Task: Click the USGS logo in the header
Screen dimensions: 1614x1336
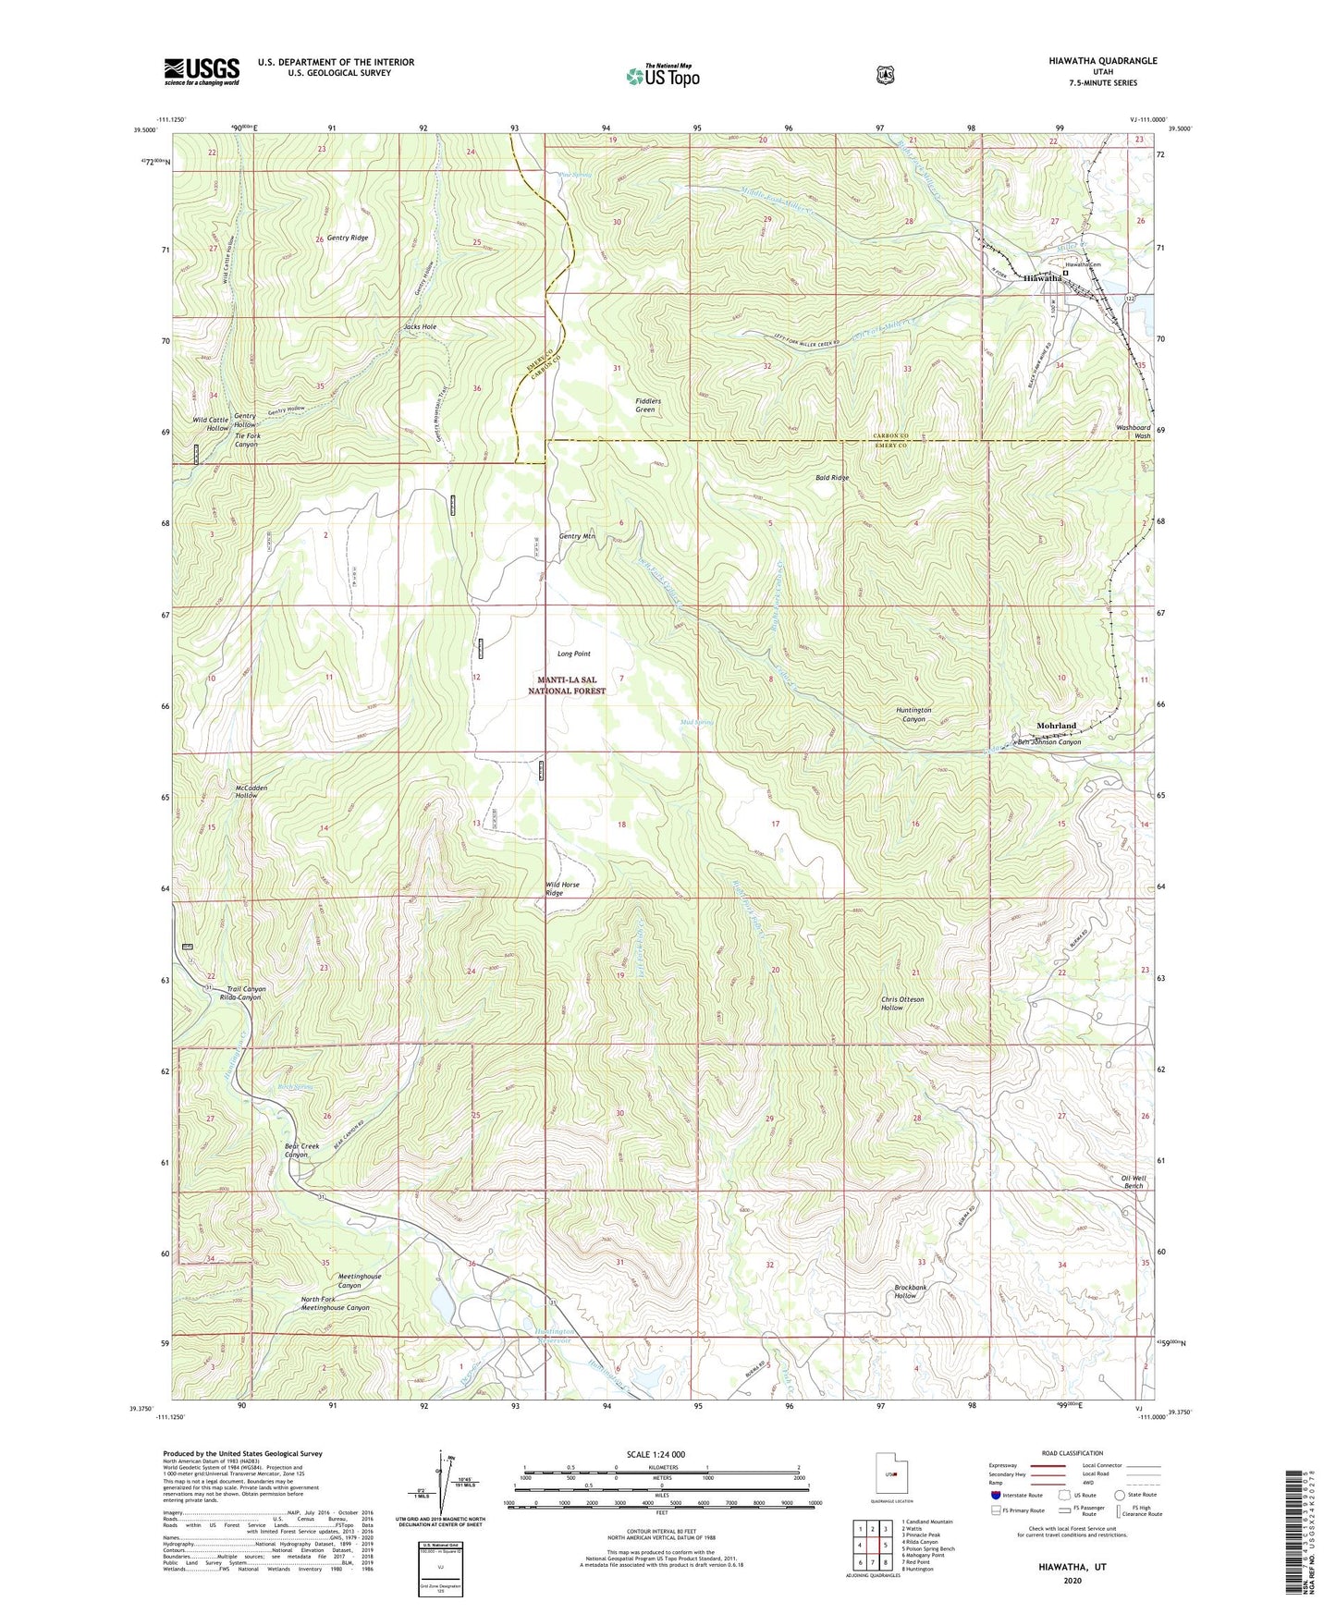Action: point(202,71)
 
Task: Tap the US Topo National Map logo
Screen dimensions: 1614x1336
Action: point(662,76)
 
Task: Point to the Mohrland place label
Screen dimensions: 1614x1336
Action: point(1056,726)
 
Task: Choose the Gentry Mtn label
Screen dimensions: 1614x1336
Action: point(576,536)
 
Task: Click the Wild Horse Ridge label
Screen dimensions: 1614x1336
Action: point(562,888)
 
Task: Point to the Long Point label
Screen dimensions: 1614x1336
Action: point(573,654)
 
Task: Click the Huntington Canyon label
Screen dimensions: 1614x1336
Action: point(913,715)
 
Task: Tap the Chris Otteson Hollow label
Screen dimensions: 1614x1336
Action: point(902,1003)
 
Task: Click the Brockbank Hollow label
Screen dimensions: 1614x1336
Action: point(910,1291)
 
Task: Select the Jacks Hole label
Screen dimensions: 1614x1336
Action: point(420,326)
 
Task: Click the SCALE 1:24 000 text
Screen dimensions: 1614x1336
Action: point(656,1454)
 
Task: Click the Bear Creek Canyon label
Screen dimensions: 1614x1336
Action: point(301,1150)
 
